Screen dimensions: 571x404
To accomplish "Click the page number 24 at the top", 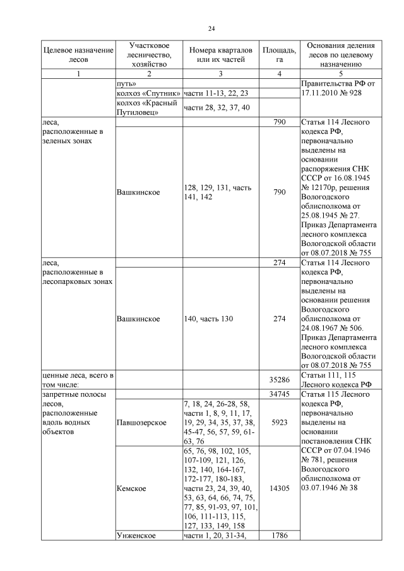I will coord(212,28).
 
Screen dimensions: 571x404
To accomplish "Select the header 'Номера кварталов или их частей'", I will coord(220,55).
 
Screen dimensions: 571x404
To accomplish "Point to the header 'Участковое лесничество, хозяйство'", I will coord(148,55).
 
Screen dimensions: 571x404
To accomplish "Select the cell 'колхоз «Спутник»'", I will coord(149,93).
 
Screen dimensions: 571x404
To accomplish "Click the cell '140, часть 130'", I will coord(208,319).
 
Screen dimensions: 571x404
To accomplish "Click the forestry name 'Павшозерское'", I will coord(142,422).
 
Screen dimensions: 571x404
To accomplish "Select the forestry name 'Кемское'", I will coord(131,488).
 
